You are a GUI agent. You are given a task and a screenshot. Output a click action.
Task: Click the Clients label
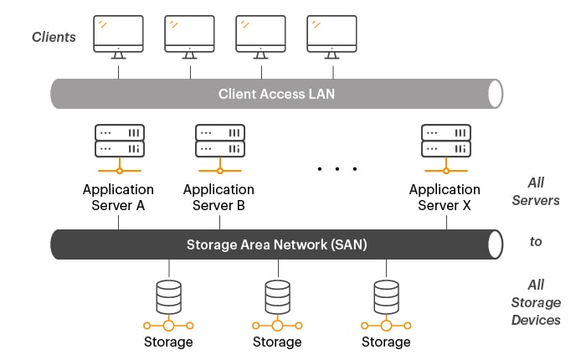54,37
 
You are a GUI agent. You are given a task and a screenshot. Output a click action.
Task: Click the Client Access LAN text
276,94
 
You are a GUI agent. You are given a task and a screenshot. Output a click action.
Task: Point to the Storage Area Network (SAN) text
276,244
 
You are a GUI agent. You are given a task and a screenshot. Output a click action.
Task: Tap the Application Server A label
118,198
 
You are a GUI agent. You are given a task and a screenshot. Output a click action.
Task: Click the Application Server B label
218,198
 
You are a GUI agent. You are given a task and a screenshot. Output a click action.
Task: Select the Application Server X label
445,198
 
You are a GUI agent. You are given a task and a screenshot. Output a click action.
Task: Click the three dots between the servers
337,169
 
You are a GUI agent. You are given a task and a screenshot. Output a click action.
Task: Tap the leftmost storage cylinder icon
169,296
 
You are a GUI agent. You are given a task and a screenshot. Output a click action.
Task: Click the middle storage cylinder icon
277,296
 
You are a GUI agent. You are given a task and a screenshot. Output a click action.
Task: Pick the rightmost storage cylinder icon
386,296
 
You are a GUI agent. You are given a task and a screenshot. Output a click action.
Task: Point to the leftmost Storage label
168,342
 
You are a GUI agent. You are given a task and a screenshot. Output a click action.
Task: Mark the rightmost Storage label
386,342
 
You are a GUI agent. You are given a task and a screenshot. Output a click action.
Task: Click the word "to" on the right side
536,241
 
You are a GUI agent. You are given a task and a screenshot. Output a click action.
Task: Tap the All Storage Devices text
537,302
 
